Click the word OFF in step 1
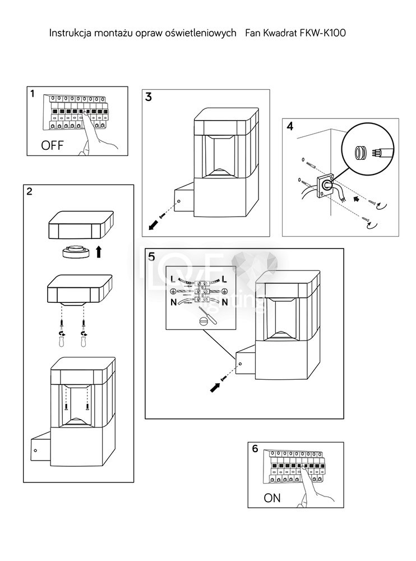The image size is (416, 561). (x=52, y=145)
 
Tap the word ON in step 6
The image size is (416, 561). (x=272, y=498)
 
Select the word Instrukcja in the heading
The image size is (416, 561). (x=66, y=33)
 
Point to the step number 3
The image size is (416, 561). (x=149, y=96)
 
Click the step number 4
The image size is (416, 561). (x=290, y=126)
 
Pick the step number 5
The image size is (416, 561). (x=152, y=256)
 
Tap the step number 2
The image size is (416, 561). (x=29, y=191)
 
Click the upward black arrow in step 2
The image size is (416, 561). (x=99, y=251)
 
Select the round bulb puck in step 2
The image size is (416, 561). (x=76, y=251)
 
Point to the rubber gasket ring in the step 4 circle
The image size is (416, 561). (x=360, y=153)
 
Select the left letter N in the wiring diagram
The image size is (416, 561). (x=173, y=302)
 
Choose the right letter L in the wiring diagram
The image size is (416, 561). (x=225, y=279)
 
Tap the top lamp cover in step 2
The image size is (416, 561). (x=81, y=225)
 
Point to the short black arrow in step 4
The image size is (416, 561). (x=356, y=199)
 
